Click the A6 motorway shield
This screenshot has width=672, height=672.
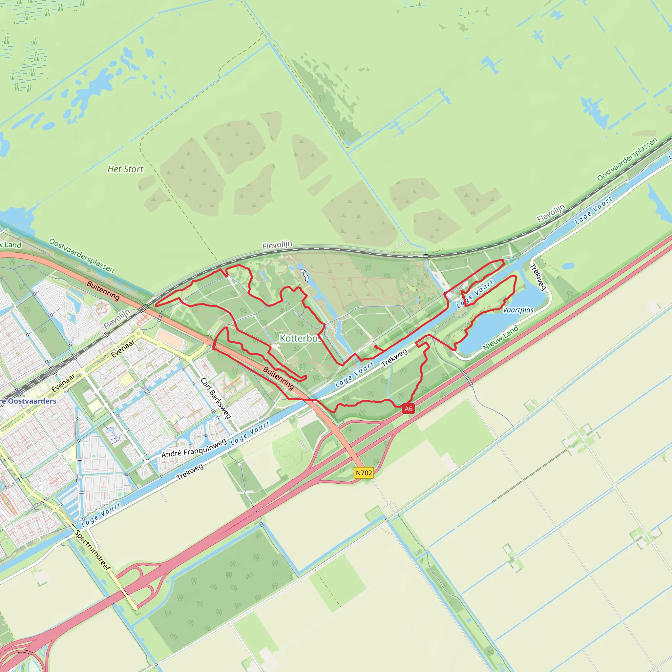(x=408, y=409)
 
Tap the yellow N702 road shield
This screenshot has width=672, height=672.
(x=364, y=473)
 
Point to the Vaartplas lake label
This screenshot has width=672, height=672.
(x=518, y=310)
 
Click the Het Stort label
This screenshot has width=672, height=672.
(x=125, y=169)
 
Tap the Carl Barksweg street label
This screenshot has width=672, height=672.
(x=216, y=398)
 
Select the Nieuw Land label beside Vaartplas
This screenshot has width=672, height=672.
(x=500, y=338)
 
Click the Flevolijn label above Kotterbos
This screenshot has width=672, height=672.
(x=277, y=245)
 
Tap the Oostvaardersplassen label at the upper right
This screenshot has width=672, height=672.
(x=627, y=159)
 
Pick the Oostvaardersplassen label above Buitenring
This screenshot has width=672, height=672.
(x=81, y=255)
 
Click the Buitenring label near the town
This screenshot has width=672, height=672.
(x=103, y=290)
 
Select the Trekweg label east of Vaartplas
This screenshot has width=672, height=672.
(x=538, y=277)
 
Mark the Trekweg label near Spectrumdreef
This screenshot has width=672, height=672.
(x=190, y=472)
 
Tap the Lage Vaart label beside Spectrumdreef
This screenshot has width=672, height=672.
(x=101, y=514)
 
